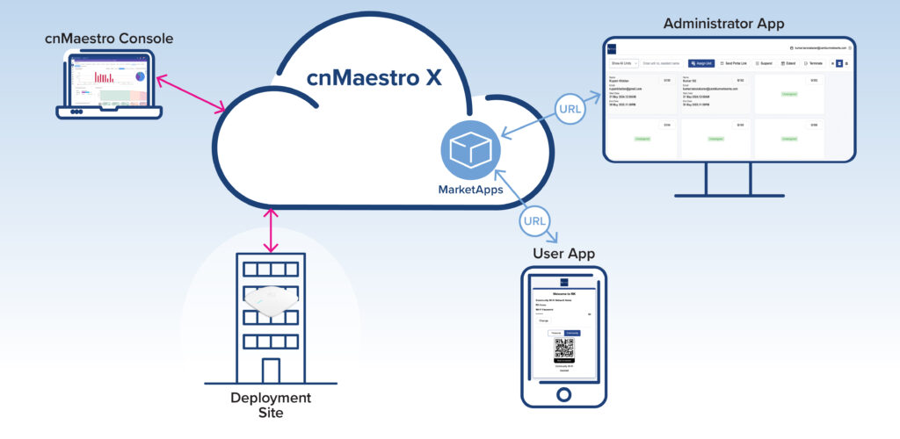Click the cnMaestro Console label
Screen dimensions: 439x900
point(109,39)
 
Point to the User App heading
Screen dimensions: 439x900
point(563,254)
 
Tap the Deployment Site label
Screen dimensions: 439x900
point(271,407)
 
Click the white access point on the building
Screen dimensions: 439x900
point(272,303)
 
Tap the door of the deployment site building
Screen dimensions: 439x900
point(272,370)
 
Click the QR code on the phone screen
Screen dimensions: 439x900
point(563,348)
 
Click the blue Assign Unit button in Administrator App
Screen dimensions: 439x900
point(700,63)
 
